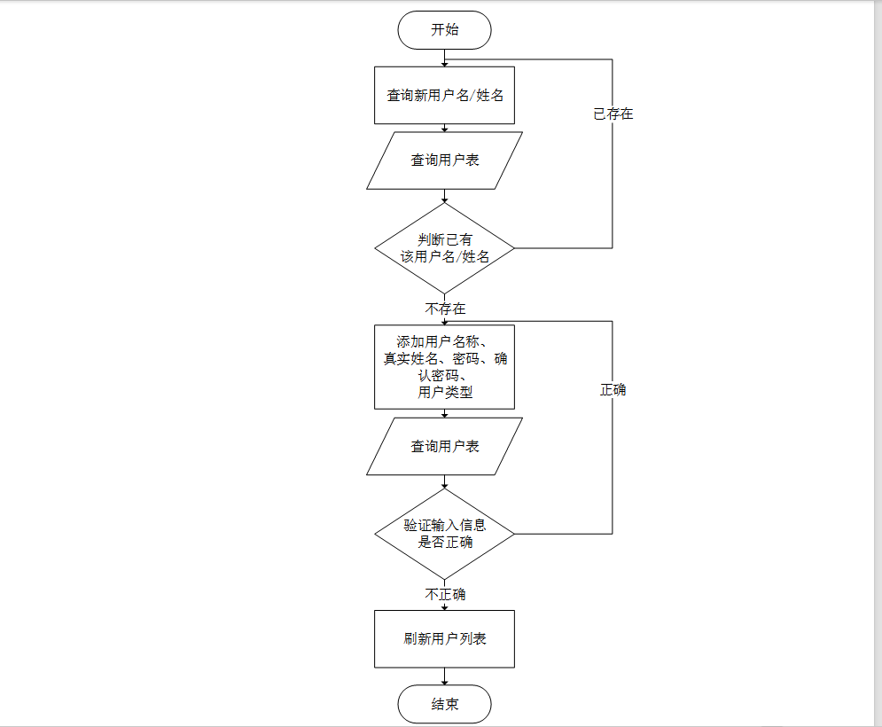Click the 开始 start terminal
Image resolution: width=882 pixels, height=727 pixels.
tap(444, 30)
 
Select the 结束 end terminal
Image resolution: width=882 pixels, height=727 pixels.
tap(444, 704)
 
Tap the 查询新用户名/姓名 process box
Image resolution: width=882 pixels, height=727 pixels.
tap(444, 96)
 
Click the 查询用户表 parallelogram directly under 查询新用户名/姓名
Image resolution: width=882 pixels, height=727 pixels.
tap(444, 160)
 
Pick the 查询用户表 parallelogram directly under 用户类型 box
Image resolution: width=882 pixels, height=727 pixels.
tap(444, 447)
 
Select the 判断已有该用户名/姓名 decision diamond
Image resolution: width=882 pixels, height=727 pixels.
tap(444, 248)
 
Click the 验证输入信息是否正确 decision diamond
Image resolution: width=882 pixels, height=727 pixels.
tap(444, 534)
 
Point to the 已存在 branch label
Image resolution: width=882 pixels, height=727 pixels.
tap(613, 114)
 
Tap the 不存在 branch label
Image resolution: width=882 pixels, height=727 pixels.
tap(444, 309)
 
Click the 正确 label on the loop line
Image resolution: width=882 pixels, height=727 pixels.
tap(613, 389)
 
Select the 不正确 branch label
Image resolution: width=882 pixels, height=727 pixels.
tap(444, 594)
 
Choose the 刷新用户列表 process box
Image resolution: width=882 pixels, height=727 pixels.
tap(444, 638)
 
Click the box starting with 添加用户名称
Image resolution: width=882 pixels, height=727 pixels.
tap(444, 366)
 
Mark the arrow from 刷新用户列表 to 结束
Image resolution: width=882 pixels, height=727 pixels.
tap(444, 676)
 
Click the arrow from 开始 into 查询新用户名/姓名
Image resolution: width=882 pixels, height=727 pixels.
tap(444, 58)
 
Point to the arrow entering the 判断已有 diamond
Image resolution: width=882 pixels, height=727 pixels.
tap(444, 196)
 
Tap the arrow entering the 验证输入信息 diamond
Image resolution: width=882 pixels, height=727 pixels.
tap(444, 481)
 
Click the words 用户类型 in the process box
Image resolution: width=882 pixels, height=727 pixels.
tap(444, 393)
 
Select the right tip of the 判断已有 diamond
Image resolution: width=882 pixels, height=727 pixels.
tap(512, 248)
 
